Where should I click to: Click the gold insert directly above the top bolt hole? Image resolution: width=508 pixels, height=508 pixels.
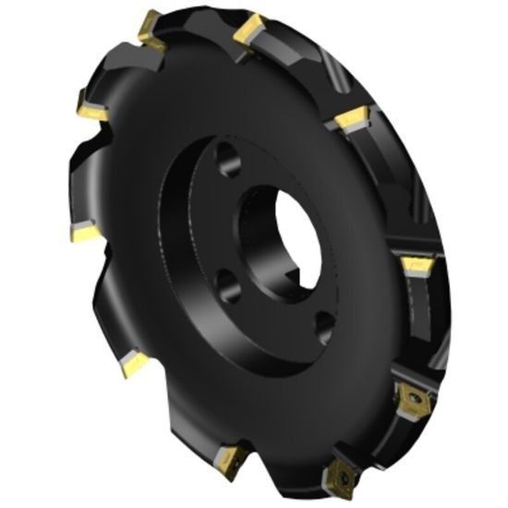248,31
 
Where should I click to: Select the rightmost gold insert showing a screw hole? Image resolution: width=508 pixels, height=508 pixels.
407,398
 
